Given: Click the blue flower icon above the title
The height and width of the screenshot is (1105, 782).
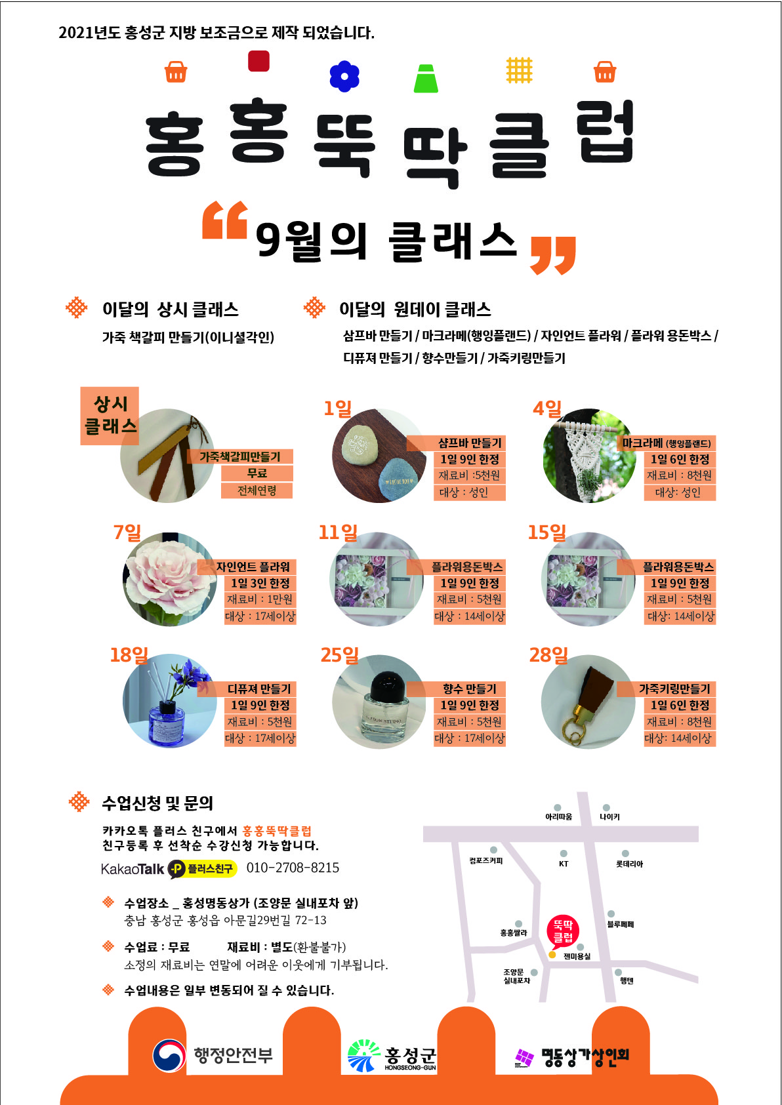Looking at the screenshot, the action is (x=344, y=77).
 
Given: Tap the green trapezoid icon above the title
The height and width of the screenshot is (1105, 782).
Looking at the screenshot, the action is (x=426, y=79).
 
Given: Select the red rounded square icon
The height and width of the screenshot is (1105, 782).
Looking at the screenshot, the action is (x=258, y=61).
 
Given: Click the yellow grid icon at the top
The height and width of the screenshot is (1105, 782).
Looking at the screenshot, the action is (x=519, y=70).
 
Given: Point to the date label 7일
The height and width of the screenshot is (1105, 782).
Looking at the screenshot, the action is (x=127, y=532).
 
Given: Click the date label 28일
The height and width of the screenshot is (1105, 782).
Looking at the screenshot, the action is (x=548, y=655).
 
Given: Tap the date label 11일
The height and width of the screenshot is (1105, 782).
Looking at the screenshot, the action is (x=338, y=532).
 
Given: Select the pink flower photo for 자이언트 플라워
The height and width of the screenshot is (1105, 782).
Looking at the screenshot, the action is (x=170, y=579).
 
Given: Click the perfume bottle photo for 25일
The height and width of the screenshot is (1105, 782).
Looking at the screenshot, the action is (x=379, y=702).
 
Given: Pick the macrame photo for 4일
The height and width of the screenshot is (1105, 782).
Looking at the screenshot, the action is (x=589, y=456).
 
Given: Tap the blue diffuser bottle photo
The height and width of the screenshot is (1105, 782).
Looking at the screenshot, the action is (x=170, y=701).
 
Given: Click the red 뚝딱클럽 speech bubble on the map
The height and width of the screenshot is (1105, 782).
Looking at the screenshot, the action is (x=562, y=932).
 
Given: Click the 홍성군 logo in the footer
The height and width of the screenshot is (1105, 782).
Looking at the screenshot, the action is (x=392, y=1056).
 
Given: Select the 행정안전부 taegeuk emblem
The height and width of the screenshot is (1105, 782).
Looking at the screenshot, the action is (x=169, y=1056).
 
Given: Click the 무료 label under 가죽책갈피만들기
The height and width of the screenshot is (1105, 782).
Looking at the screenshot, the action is (x=257, y=473).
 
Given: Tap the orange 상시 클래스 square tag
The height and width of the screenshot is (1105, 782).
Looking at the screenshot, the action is (x=110, y=416).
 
